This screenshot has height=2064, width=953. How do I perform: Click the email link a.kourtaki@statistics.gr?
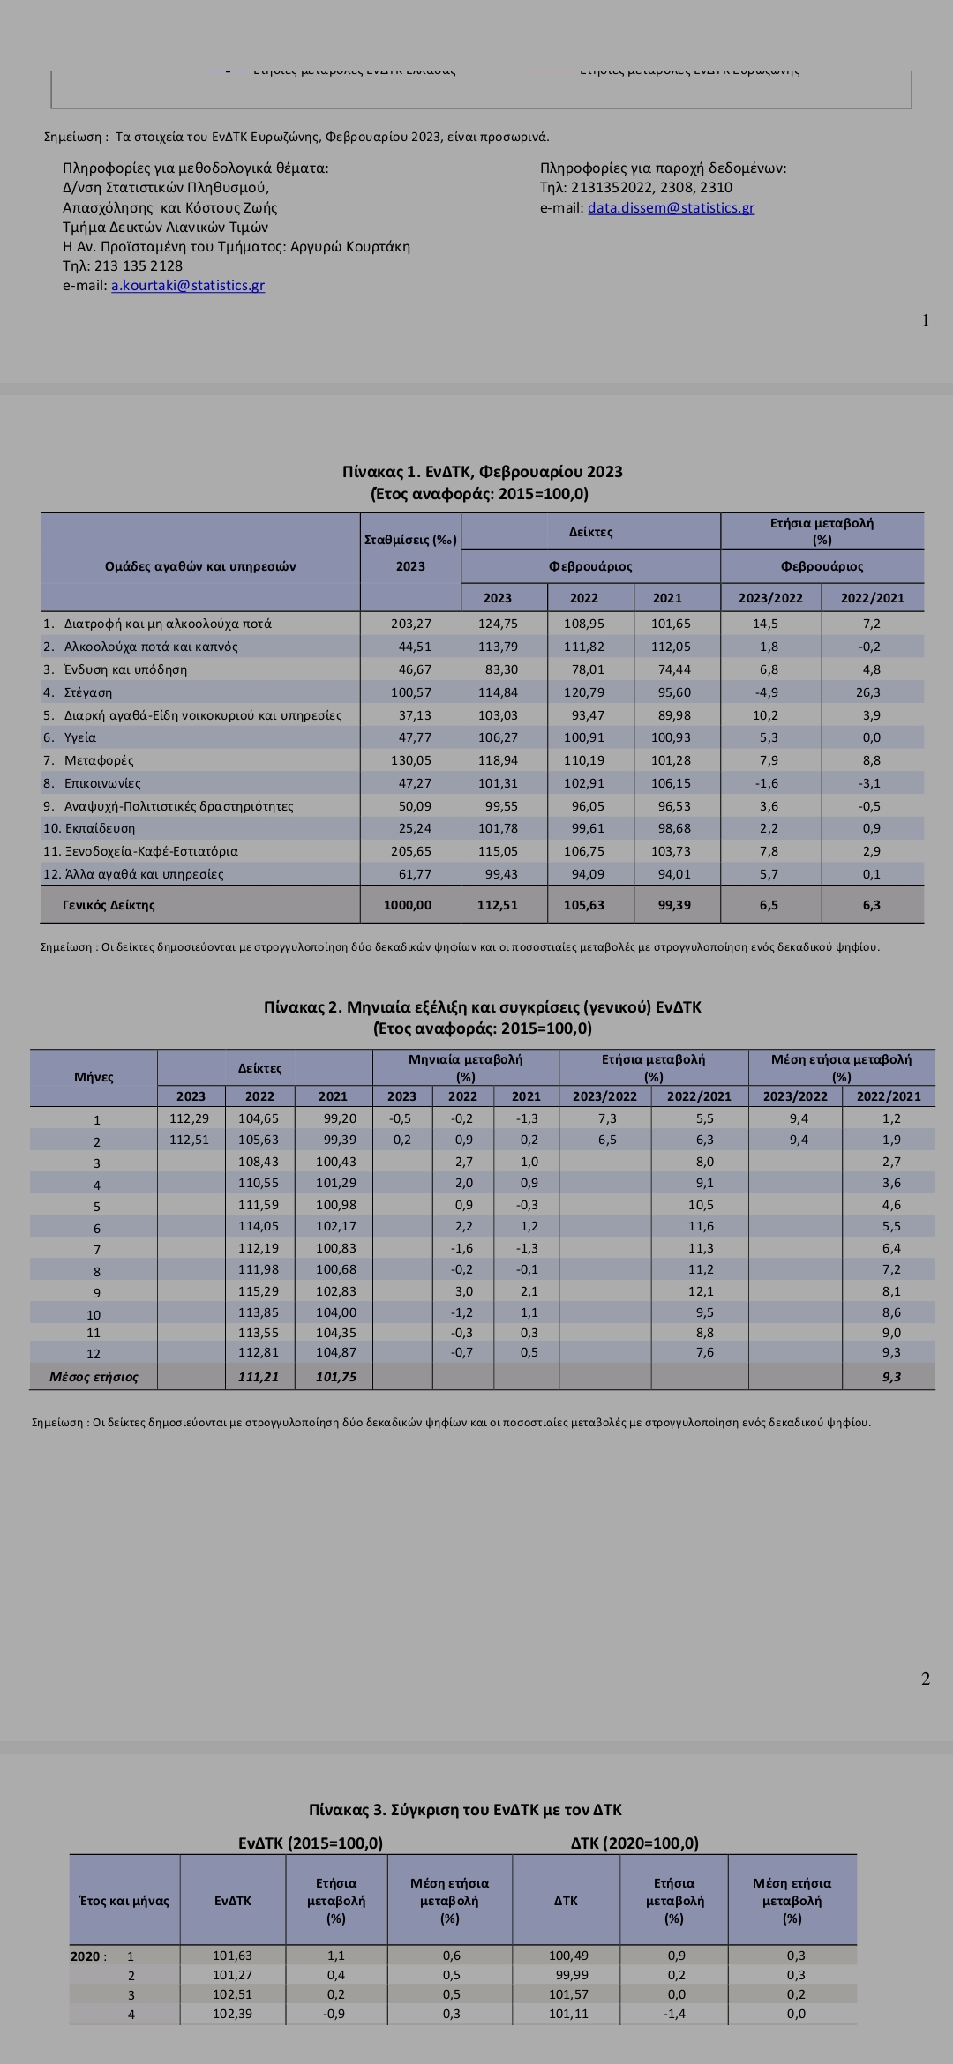tap(188, 286)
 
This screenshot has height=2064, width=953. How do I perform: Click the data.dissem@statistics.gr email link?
tap(671, 208)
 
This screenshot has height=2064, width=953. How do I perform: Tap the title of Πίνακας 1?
tap(482, 472)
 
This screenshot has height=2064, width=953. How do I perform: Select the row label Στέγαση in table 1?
tap(88, 692)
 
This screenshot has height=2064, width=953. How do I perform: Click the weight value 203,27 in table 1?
tap(411, 624)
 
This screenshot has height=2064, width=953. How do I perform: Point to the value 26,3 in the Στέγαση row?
tap(871, 692)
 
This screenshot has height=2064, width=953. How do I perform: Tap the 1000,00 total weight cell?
tap(408, 905)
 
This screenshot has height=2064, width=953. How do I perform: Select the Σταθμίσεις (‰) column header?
tap(410, 540)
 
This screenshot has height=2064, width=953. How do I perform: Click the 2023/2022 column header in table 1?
tap(770, 598)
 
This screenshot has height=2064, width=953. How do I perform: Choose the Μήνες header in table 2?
tap(94, 1077)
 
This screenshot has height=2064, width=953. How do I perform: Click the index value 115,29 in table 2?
tap(259, 1291)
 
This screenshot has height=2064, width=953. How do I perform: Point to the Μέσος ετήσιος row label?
tap(94, 1377)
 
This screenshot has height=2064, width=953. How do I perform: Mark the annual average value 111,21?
tap(259, 1377)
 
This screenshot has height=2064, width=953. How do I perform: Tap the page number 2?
tap(925, 1679)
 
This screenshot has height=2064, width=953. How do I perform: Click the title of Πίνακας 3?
tap(465, 1810)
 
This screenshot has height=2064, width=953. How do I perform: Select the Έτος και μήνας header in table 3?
tap(124, 1901)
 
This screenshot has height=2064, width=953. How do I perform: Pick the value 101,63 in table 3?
tap(232, 1956)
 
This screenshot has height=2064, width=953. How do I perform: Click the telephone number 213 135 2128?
tap(139, 266)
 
